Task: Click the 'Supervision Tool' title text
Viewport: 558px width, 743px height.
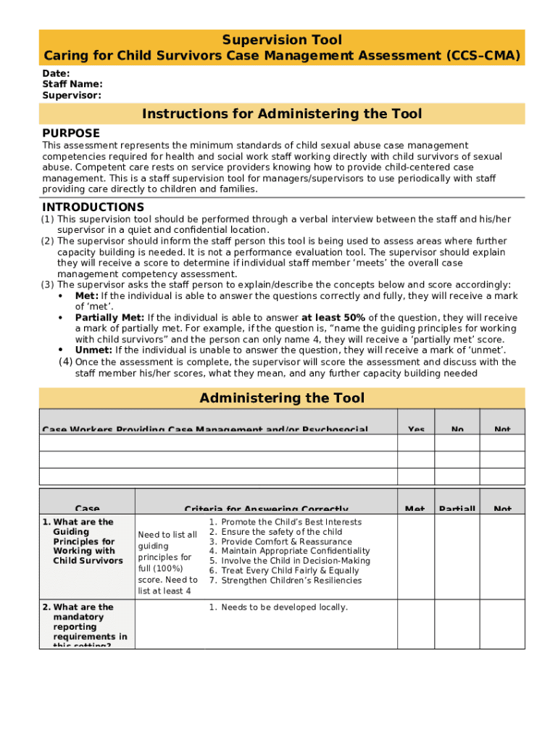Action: (x=281, y=40)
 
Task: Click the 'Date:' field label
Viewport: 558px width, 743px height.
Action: (x=56, y=73)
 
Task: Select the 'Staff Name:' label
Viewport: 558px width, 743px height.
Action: (x=72, y=84)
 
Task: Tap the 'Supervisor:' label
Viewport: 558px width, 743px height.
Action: (x=71, y=95)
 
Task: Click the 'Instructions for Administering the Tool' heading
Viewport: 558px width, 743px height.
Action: (x=281, y=114)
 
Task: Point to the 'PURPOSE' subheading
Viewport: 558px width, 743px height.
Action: (x=71, y=134)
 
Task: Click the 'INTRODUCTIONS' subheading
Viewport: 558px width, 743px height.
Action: (x=93, y=208)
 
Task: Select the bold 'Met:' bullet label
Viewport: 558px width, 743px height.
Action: (x=87, y=296)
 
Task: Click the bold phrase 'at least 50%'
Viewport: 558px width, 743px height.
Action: (x=333, y=318)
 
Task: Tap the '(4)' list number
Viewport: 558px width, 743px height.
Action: (x=65, y=361)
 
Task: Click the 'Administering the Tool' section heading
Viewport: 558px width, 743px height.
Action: (x=281, y=398)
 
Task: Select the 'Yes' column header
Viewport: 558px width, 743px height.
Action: (x=416, y=430)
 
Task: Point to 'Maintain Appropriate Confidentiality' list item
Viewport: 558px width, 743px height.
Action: (x=295, y=551)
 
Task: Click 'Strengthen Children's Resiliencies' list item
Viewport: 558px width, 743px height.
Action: (x=291, y=580)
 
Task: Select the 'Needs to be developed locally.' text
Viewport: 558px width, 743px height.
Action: (x=284, y=607)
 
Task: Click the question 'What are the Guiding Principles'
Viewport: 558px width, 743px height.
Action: (x=83, y=541)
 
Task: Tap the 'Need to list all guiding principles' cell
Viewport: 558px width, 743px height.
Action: (x=167, y=562)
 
